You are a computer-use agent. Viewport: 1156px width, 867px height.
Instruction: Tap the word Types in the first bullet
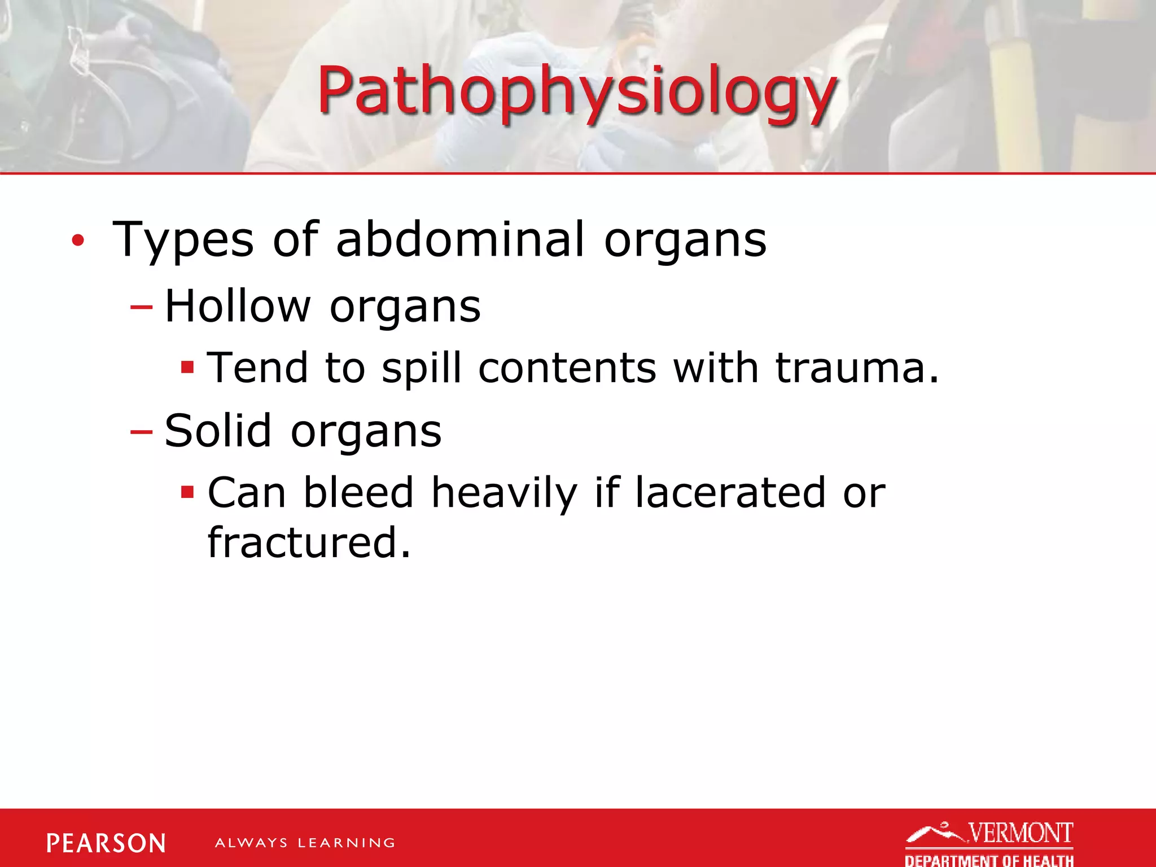click(183, 240)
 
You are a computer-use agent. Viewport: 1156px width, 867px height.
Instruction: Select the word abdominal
click(460, 239)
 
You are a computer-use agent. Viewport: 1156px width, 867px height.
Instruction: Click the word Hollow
click(238, 306)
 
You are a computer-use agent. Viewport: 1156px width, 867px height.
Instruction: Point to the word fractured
click(308, 542)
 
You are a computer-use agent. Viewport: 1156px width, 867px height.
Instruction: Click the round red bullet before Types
click(78, 241)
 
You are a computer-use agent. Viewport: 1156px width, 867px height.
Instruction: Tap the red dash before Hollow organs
click(141, 308)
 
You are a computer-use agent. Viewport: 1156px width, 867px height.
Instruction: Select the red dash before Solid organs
click(141, 432)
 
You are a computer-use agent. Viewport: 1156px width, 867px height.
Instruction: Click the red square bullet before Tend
click(187, 369)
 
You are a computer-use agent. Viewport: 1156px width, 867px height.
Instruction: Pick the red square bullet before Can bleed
click(187, 493)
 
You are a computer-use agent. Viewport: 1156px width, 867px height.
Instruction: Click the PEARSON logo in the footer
click(106, 843)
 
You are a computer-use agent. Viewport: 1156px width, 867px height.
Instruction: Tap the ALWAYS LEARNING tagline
click(305, 843)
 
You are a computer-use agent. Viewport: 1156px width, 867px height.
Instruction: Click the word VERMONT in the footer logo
click(1021, 833)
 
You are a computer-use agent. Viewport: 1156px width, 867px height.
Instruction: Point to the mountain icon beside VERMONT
click(934, 833)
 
